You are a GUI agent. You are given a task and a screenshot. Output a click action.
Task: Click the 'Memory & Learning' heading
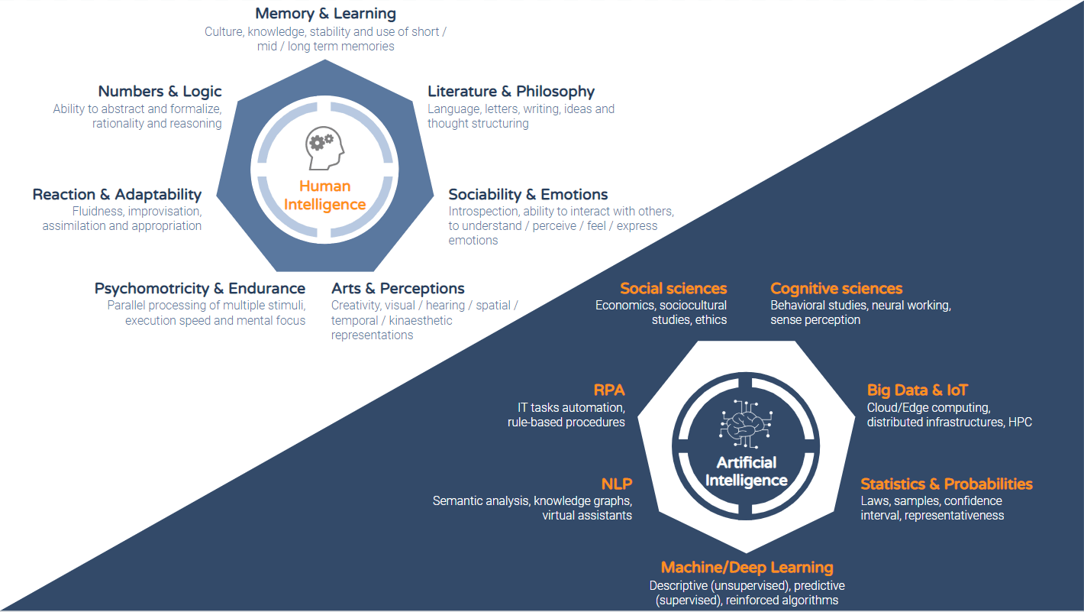coord(325,14)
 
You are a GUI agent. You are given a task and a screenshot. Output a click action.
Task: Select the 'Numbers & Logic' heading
coord(160,92)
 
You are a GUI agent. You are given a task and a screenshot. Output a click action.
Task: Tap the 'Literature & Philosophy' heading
coord(511,92)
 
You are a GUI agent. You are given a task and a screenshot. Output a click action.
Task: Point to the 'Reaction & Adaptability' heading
coord(117,195)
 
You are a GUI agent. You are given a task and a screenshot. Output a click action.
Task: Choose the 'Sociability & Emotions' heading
coord(528,195)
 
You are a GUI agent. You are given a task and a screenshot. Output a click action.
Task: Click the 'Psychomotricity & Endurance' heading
coord(200,289)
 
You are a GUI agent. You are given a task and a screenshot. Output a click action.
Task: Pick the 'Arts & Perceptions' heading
coord(398,289)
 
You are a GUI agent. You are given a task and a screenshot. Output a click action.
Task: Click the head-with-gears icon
coord(324,148)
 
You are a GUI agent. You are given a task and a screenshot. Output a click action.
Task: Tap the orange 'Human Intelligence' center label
coord(324,196)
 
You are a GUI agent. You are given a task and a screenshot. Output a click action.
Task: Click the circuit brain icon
coord(746,423)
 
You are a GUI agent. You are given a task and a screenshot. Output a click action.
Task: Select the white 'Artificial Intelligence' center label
coord(747,471)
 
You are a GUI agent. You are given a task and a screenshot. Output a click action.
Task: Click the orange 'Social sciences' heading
coord(673,289)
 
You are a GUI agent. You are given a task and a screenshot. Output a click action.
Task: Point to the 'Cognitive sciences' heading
coord(836,289)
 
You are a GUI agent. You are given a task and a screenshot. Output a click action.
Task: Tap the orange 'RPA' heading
coord(609,390)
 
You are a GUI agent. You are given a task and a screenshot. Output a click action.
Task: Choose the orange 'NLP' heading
coord(617,484)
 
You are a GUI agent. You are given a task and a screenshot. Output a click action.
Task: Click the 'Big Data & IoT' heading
coord(917,390)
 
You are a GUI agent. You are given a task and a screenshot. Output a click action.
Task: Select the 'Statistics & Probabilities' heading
coord(947,484)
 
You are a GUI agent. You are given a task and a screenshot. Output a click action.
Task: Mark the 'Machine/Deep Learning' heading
coord(747,568)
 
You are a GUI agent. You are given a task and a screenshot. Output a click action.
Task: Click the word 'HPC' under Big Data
coord(1020,423)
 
